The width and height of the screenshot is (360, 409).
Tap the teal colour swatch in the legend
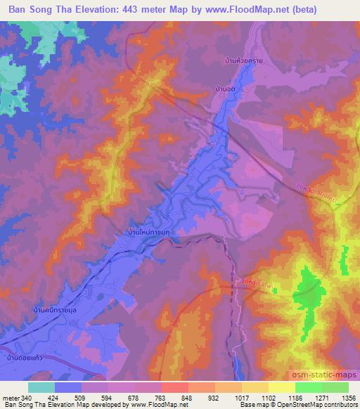coord(41,387)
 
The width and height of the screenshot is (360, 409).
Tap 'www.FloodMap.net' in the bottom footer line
coord(163,405)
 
